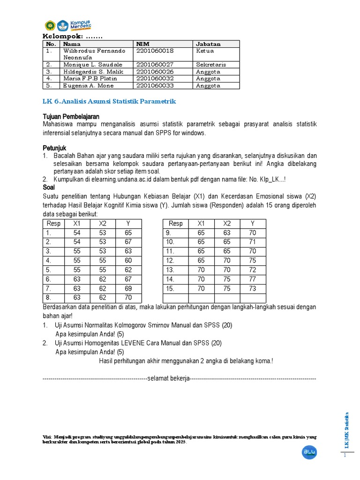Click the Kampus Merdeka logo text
point(81,25)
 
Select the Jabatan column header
point(208,44)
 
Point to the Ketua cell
point(205,51)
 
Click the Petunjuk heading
point(55,148)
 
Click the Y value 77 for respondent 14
point(253,279)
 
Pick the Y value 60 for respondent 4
point(128,261)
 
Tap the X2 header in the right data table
point(227,224)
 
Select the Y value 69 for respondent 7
point(128,289)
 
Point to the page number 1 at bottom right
point(345,456)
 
